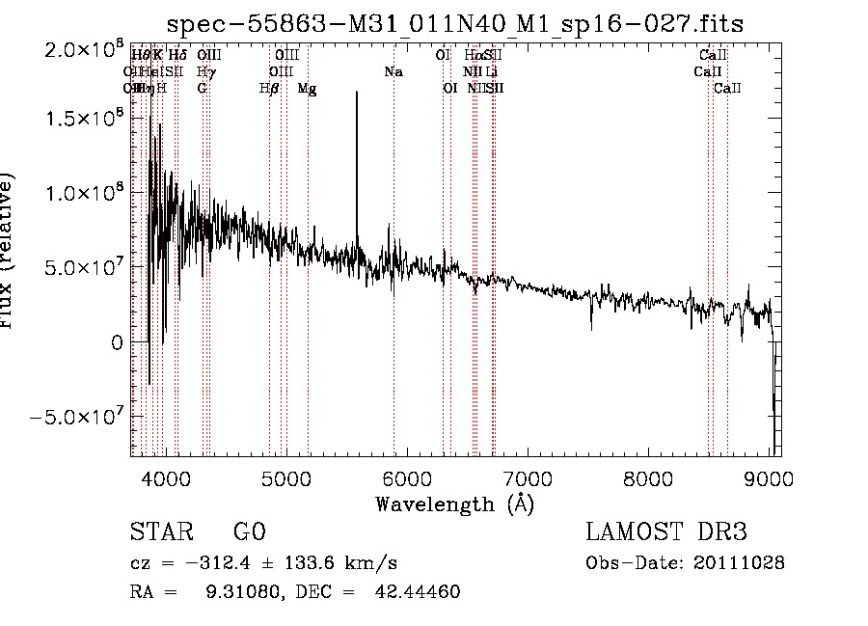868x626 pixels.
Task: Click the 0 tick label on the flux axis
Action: click(x=116, y=342)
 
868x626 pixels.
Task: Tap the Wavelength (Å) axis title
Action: click(x=454, y=504)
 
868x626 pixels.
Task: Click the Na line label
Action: click(x=393, y=72)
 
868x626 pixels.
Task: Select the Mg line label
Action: click(x=307, y=89)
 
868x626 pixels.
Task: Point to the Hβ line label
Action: click(x=270, y=89)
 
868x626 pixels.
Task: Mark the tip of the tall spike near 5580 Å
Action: click(x=357, y=93)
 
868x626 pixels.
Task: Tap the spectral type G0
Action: click(x=249, y=533)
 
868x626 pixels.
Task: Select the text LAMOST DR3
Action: click(x=665, y=533)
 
